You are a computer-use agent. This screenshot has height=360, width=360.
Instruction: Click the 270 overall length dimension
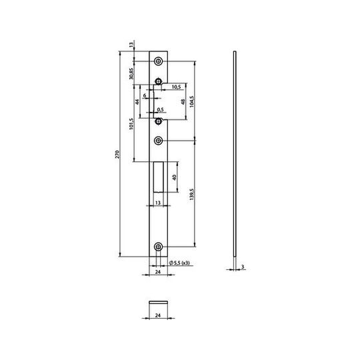pos(117,155)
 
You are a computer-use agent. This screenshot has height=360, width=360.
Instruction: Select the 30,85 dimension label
pos(131,73)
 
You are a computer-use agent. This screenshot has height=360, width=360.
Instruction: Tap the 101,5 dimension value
pos(131,124)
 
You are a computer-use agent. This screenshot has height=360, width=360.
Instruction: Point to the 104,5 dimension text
pos(192,101)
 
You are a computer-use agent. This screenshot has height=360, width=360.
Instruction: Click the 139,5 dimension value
pos(192,194)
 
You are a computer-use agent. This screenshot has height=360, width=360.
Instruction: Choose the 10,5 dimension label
pos(176,87)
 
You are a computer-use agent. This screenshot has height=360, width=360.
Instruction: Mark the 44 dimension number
pos(137,102)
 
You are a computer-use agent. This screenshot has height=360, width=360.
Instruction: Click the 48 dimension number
pos(183,102)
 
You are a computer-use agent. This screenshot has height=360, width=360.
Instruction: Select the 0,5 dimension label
pos(161,110)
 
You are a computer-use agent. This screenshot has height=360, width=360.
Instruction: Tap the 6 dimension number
pos(145,95)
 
